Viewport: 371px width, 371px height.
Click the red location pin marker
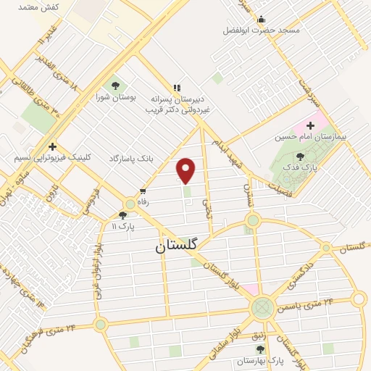(x=186, y=170)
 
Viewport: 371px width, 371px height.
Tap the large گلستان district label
(x=176, y=246)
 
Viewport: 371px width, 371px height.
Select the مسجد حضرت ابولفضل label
(x=261, y=30)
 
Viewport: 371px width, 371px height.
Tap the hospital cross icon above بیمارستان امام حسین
(x=310, y=125)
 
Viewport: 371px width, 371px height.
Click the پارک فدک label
(x=303, y=167)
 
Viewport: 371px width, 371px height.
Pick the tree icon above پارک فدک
(x=301, y=156)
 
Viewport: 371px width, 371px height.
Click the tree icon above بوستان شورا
(x=115, y=86)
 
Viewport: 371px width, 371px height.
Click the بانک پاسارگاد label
(x=133, y=157)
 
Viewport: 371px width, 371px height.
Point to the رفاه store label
(x=143, y=204)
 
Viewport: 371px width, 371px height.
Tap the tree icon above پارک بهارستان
(x=276, y=349)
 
